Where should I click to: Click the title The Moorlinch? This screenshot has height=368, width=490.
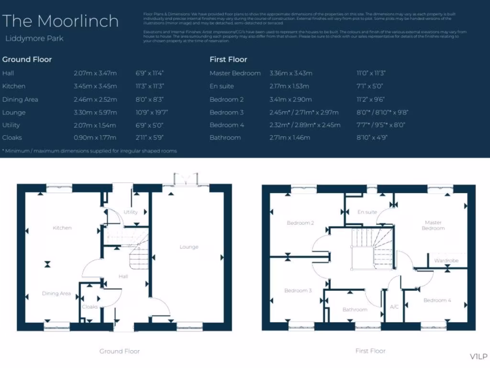(60, 21)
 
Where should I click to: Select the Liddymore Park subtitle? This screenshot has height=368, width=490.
(34, 38)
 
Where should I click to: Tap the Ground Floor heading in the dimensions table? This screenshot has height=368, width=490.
(27, 59)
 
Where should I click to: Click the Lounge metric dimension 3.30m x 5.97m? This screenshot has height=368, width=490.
(95, 113)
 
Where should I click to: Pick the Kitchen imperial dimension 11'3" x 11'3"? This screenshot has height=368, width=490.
(150, 86)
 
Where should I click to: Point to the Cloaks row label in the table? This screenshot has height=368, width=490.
(12, 138)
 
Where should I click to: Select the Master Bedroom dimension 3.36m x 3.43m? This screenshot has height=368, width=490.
(290, 73)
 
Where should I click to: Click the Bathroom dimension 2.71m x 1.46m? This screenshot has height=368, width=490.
(290, 138)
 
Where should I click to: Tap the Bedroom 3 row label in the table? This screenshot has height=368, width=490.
(226, 113)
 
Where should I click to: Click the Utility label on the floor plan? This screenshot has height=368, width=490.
(131, 212)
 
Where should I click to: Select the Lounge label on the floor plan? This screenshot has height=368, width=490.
(189, 247)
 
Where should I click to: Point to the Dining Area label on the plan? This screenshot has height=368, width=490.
(56, 294)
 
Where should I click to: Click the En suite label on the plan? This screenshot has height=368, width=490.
(367, 212)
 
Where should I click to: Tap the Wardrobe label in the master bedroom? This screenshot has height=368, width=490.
(446, 261)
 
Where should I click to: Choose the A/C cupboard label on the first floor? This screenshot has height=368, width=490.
(394, 307)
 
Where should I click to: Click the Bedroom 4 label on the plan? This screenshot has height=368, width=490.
(437, 300)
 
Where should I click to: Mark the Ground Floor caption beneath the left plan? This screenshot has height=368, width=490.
(120, 351)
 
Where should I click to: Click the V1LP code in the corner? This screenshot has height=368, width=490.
(478, 356)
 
